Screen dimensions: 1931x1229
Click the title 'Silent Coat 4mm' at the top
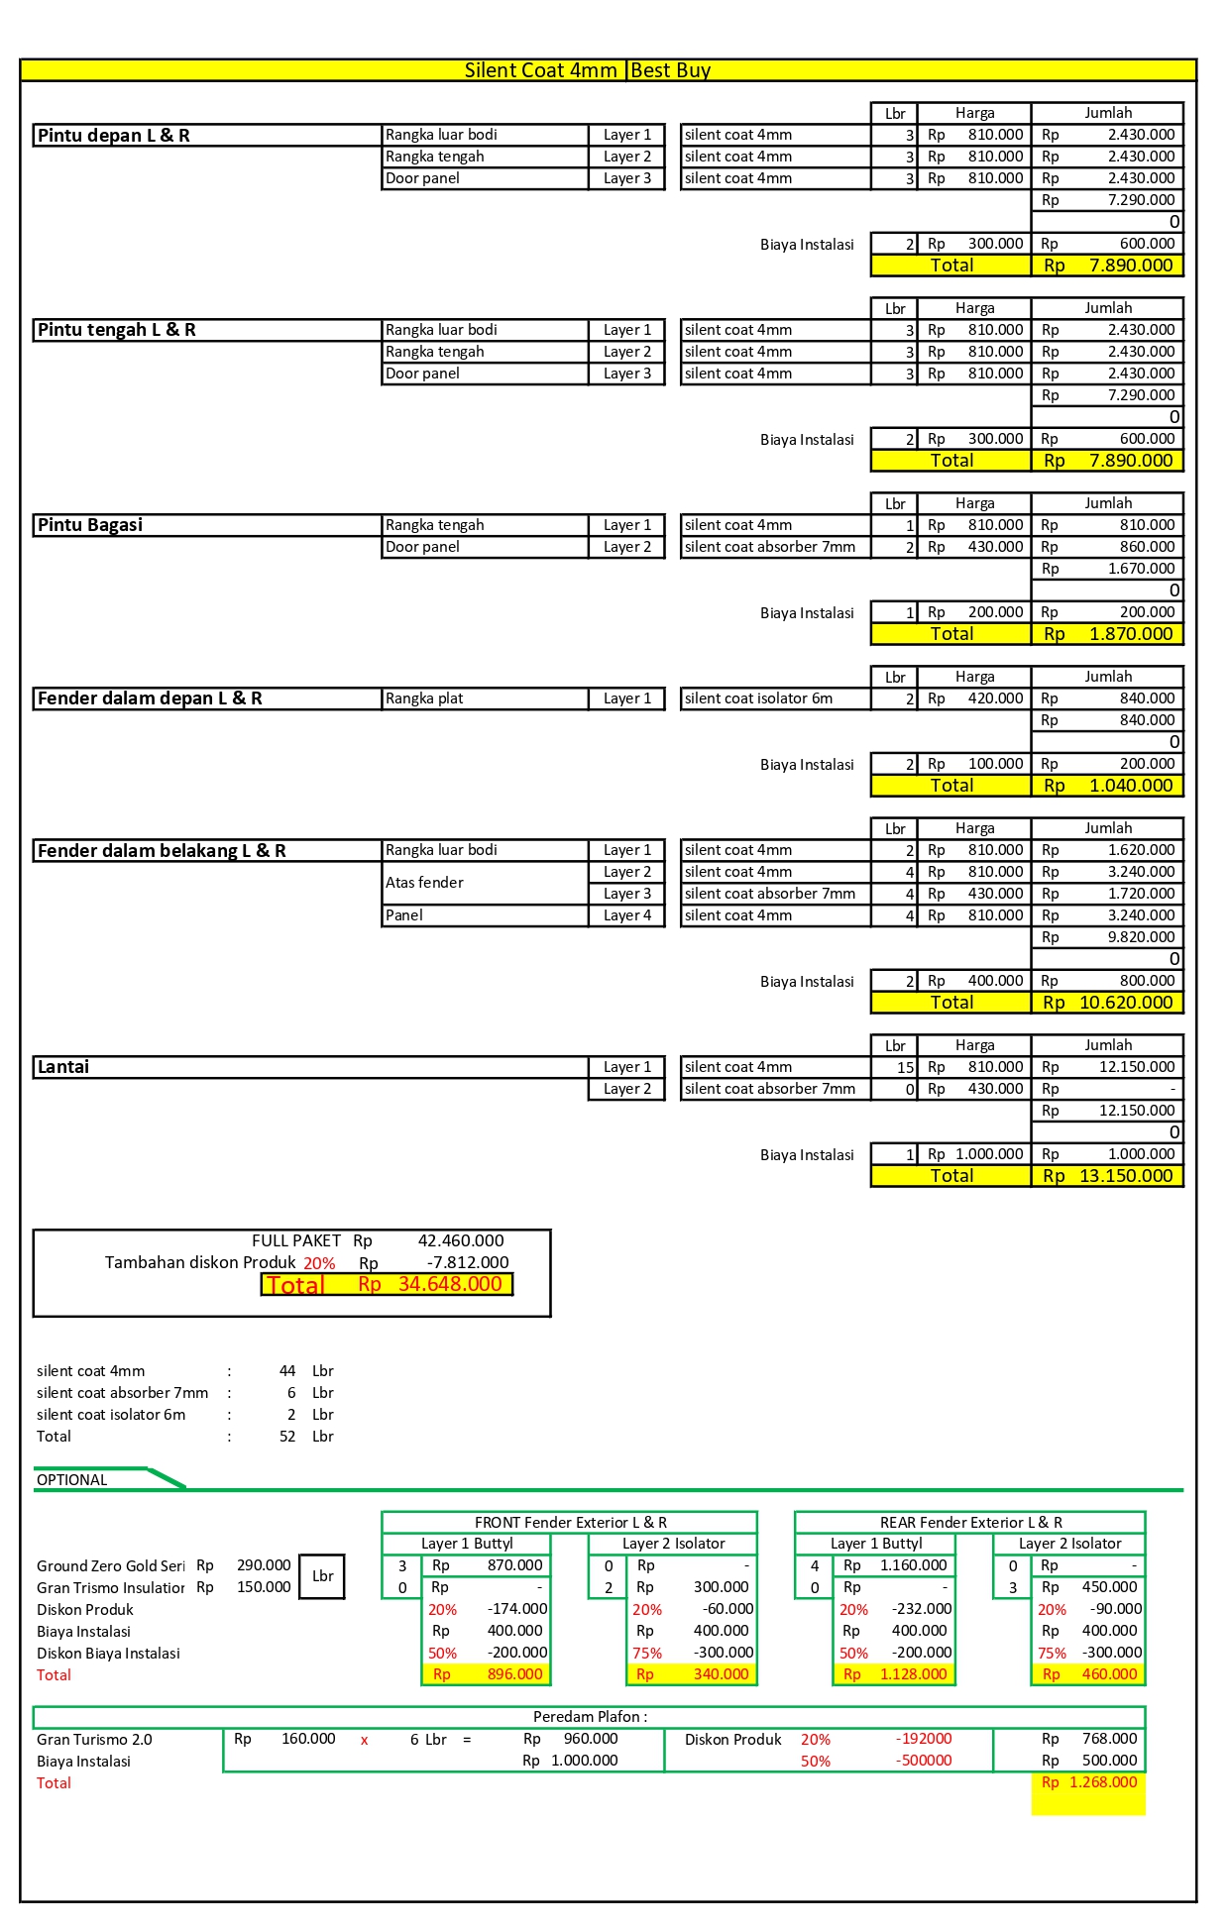[x=540, y=70]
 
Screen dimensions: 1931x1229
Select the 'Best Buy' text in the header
[x=671, y=70]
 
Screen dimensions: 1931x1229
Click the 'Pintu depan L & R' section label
[x=114, y=136]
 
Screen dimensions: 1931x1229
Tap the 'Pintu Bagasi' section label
[x=90, y=525]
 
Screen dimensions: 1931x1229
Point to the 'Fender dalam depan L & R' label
[x=150, y=698]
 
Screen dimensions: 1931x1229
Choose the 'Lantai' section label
[x=63, y=1067]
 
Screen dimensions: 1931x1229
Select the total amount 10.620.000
[x=1125, y=1003]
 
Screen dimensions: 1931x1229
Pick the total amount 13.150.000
[x=1125, y=1176]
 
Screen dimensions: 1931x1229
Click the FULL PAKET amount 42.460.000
[x=461, y=1240]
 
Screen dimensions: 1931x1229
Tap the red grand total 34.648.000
[x=450, y=1284]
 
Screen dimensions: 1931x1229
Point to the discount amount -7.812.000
[x=468, y=1262]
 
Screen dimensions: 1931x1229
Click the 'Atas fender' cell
[x=425, y=883]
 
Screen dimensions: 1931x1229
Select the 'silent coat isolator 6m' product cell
[x=758, y=698]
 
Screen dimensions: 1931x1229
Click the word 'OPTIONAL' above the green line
[x=71, y=1480]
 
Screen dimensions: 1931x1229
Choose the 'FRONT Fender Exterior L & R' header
[x=570, y=1522]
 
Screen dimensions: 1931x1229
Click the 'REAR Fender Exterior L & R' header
[x=970, y=1522]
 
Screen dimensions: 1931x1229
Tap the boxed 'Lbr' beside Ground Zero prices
[x=322, y=1576]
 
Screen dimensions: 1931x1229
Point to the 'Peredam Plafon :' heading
[x=590, y=1717]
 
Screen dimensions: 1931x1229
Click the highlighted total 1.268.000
[x=1102, y=1782]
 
